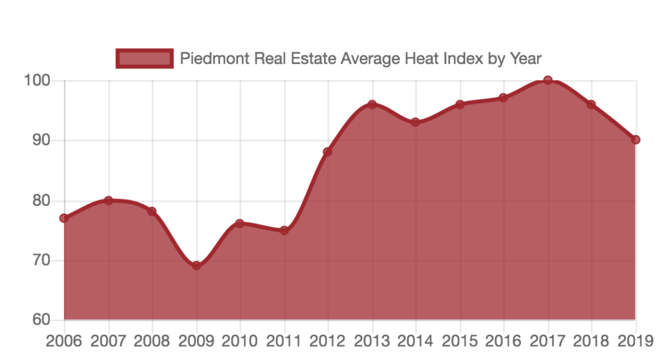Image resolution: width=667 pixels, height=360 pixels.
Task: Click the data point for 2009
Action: [x=196, y=265]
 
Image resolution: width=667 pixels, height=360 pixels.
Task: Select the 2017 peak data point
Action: [x=548, y=80]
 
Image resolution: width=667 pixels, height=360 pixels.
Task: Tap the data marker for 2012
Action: [x=327, y=152]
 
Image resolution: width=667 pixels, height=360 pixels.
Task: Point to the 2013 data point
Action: [x=372, y=104]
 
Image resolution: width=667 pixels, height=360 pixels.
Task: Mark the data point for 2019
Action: [x=636, y=140]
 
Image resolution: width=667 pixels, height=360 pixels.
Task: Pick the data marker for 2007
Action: [x=109, y=200]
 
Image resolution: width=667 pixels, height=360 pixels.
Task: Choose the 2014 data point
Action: [x=415, y=122]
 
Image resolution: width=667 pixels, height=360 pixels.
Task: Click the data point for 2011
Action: [x=284, y=230]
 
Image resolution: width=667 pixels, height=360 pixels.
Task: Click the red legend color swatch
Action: [x=144, y=59]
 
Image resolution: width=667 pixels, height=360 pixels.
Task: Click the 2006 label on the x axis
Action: [x=63, y=341]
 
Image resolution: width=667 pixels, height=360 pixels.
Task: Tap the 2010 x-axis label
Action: [x=240, y=341]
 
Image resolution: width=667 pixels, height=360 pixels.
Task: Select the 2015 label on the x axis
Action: [x=460, y=341]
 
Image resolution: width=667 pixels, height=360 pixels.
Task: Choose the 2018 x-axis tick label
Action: [x=591, y=341]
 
